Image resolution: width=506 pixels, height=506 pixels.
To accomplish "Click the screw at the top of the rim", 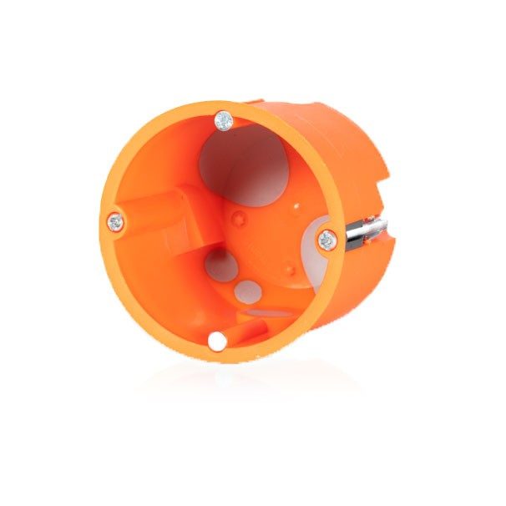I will coord(223,121).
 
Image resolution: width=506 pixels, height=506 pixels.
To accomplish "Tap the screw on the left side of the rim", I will coord(115,222).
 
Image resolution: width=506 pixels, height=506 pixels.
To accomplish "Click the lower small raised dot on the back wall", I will coord(288,269).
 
